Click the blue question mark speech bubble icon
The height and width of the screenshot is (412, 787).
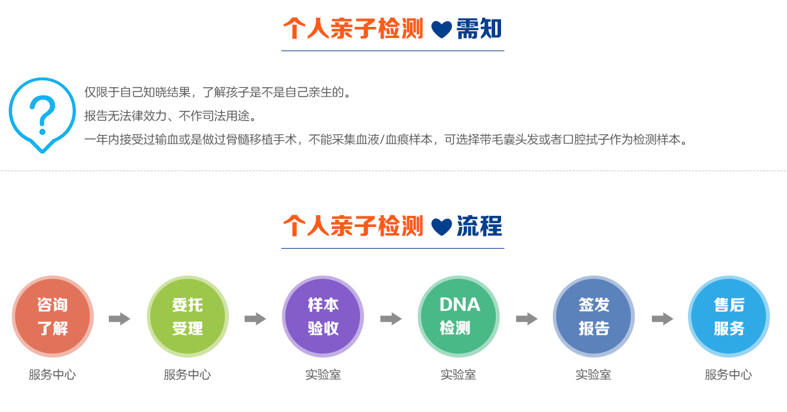(x=42, y=113)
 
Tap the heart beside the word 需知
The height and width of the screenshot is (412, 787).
(x=441, y=30)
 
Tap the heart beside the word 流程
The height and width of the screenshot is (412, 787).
(x=441, y=227)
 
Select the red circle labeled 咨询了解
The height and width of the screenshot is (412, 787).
(x=52, y=316)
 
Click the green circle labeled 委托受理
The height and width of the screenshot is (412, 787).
(x=188, y=316)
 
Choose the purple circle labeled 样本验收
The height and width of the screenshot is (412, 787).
(x=323, y=316)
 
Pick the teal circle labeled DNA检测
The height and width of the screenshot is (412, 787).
(x=458, y=316)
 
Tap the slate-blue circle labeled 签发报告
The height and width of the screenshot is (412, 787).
(x=594, y=316)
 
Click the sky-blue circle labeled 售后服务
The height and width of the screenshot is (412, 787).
(x=729, y=316)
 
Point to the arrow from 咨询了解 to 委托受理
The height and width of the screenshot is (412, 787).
(x=119, y=319)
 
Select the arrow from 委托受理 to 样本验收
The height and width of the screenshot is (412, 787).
(x=255, y=319)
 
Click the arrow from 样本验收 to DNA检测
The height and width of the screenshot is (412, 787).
(x=391, y=319)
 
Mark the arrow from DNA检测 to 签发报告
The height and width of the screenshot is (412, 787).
(x=527, y=319)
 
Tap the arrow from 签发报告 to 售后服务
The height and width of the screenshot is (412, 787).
(x=662, y=319)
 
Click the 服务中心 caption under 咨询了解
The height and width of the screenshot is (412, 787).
(x=52, y=375)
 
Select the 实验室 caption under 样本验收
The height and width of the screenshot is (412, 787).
(x=323, y=375)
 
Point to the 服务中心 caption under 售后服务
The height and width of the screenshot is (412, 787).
(x=729, y=375)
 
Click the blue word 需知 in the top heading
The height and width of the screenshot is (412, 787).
(x=479, y=29)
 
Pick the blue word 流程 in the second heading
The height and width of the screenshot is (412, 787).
(x=479, y=226)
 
